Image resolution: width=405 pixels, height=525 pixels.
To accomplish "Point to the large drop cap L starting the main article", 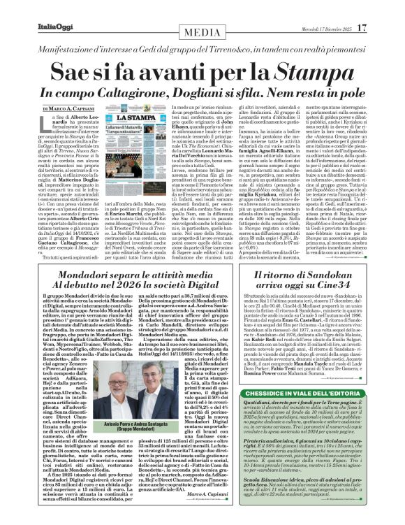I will coord(48,124).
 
